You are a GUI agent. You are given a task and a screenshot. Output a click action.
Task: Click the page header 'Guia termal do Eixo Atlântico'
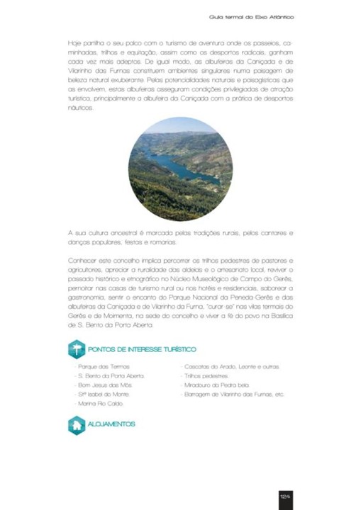point(251,16)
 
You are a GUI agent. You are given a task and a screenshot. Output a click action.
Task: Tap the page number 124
point(284,497)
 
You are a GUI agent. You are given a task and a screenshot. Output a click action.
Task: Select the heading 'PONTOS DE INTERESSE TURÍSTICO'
point(143,349)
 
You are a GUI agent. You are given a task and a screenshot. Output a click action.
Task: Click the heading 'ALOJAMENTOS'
point(111,424)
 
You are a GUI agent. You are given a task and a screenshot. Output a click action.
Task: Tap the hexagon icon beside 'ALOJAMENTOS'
point(76,425)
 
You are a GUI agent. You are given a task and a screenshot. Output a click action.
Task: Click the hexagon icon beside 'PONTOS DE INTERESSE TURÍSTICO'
point(76,349)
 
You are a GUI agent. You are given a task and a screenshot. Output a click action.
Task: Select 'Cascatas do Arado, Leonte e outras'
point(230,367)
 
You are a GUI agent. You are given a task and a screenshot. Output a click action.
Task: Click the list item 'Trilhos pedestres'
point(205,375)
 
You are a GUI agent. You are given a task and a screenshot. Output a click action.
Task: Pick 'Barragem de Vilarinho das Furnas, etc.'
point(233,394)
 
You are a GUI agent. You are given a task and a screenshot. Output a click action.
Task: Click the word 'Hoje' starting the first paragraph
point(74,43)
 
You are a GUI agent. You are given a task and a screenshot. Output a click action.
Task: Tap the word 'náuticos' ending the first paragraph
point(80,108)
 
